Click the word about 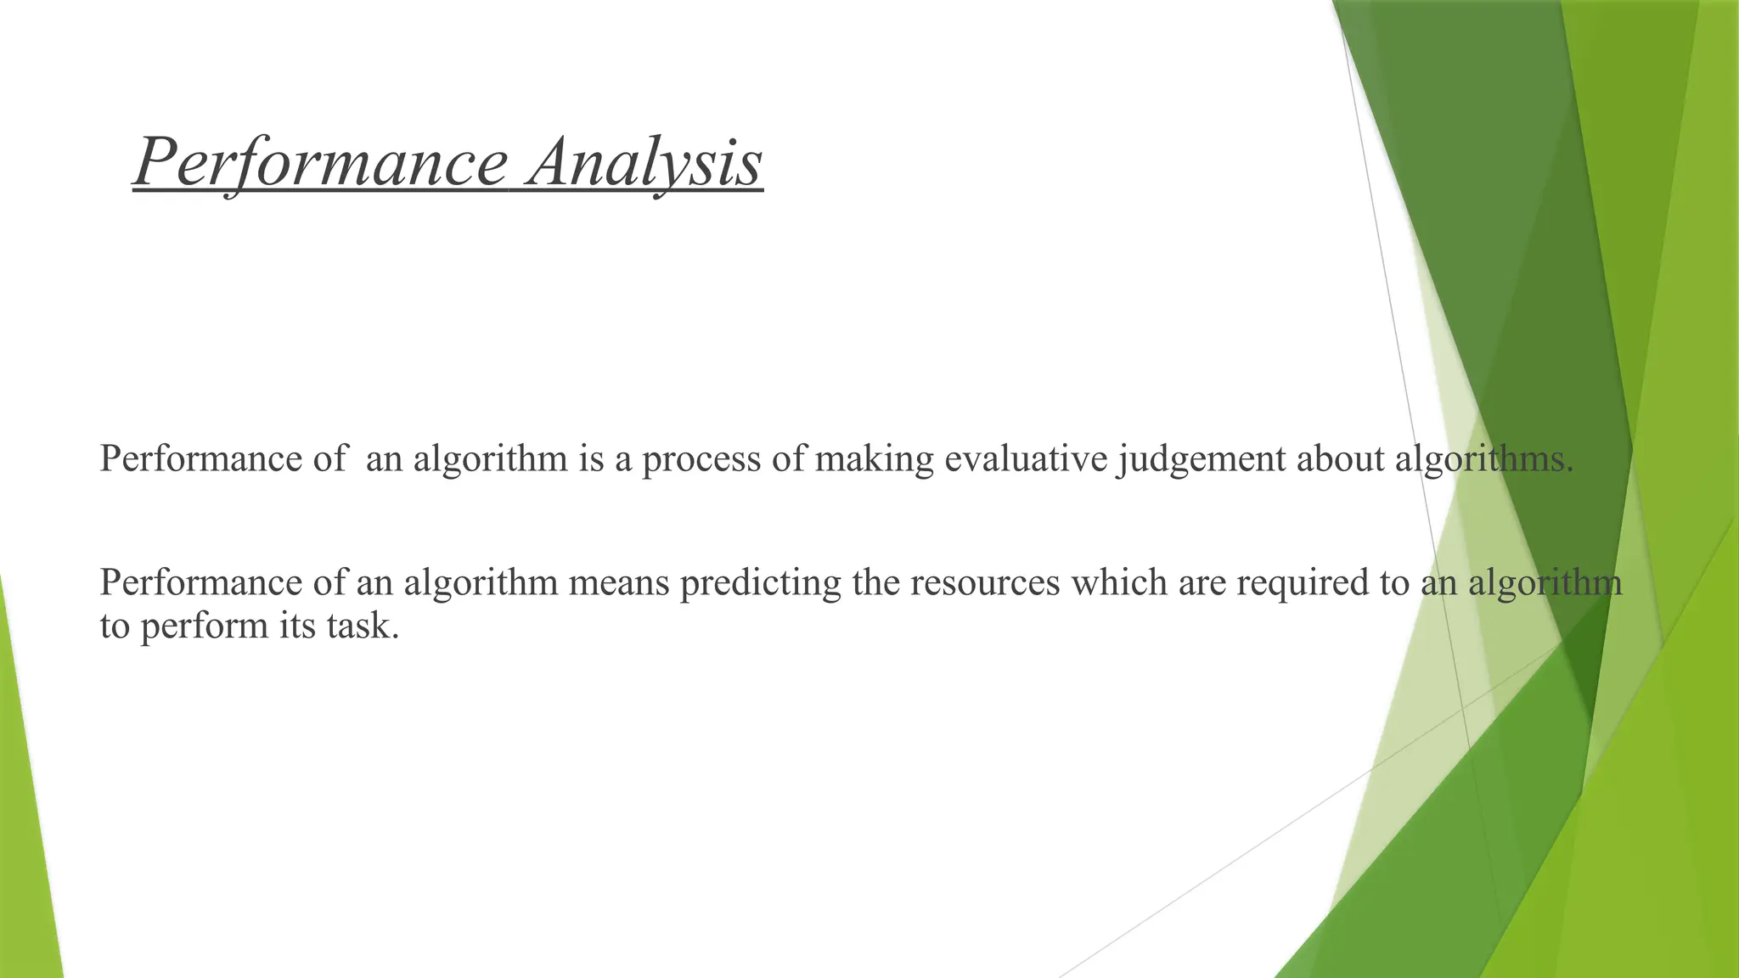click(1341, 459)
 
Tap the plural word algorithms click(1484, 459)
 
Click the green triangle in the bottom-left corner click(25, 849)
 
